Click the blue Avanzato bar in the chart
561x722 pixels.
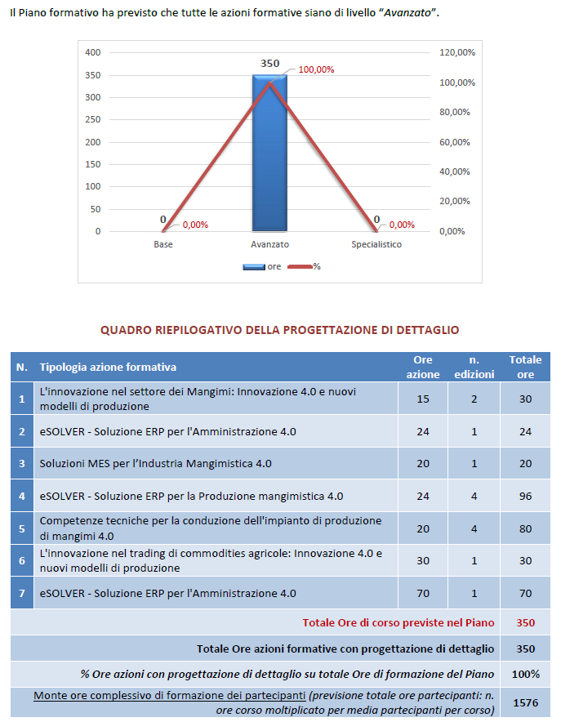[269, 155]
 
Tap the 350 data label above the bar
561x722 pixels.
[269, 63]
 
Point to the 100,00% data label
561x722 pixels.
[316, 69]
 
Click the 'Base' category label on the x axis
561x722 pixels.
[163, 244]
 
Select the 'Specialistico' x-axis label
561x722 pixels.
[376, 244]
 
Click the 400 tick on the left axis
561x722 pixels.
[92, 52]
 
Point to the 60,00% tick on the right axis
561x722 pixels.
[457, 142]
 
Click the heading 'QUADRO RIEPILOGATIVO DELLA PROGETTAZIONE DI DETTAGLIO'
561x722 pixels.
[279, 330]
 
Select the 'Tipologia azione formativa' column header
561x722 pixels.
[108, 368]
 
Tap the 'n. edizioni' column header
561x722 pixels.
[474, 367]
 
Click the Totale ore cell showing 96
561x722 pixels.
[525, 496]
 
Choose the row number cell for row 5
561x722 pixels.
[22, 528]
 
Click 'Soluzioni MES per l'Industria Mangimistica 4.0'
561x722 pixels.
[155, 463]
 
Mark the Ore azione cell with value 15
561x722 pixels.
[423, 399]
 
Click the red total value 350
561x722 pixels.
[525, 622]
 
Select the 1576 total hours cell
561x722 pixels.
[525, 702]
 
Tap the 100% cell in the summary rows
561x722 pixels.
[525, 674]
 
